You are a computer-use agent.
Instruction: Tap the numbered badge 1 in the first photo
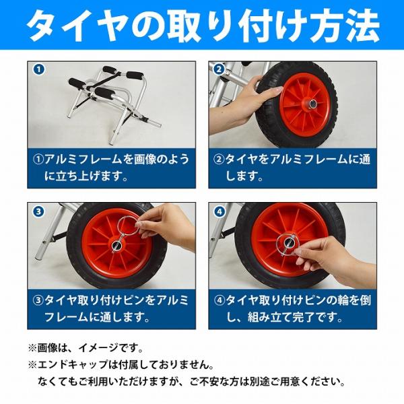pyautogui.click(x=39, y=69)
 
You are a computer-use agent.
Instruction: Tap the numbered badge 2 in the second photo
pyautogui.click(x=220, y=69)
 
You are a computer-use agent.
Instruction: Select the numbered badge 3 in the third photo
pyautogui.click(x=39, y=212)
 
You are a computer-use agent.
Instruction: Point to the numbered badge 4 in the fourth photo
pyautogui.click(x=220, y=212)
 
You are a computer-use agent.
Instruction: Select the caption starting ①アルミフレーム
pyautogui.click(x=112, y=167)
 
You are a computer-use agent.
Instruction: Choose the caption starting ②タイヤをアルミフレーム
pyautogui.click(x=292, y=167)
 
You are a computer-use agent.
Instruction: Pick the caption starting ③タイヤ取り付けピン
pyautogui.click(x=111, y=308)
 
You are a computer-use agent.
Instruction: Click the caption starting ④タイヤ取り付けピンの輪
pyautogui.click(x=292, y=308)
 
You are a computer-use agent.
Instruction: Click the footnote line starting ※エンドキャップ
pyautogui.click(x=121, y=364)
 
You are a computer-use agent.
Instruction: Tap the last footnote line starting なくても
pyautogui.click(x=191, y=381)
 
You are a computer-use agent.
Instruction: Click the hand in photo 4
pyautogui.click(x=335, y=260)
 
